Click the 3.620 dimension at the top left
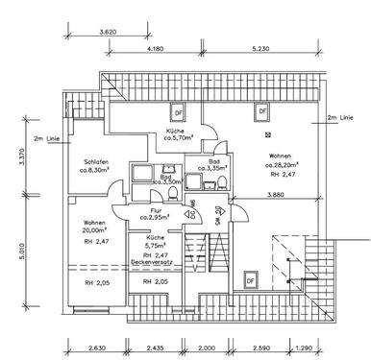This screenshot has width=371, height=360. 114,34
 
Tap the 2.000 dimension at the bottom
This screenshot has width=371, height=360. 206,349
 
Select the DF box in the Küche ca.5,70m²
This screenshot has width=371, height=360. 178,110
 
